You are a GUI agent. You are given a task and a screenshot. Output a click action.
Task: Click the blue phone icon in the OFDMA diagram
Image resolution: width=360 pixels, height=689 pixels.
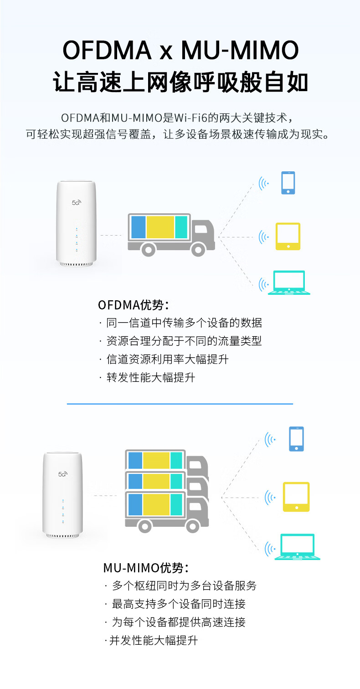pos(288,183)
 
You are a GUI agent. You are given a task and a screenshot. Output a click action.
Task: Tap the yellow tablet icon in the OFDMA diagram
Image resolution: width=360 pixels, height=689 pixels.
pos(288,237)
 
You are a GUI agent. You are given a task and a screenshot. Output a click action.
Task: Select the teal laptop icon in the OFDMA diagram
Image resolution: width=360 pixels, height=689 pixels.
pos(288,283)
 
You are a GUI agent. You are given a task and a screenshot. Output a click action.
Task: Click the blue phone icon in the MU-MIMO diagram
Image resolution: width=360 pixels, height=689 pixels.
pos(296,439)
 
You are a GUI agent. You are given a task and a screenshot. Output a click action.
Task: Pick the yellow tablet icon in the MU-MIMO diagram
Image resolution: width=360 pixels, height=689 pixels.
pos(296,497)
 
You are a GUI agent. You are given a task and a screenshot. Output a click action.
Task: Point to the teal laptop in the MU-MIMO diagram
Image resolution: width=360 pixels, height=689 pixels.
pos(297,547)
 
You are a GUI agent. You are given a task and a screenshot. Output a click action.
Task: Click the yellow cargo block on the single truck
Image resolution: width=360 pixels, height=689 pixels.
pos(160,227)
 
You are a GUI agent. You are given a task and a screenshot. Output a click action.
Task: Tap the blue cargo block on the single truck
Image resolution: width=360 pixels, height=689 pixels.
pos(139,227)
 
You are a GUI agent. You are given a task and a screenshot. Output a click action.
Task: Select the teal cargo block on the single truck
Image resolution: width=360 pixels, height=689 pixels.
pos(181,227)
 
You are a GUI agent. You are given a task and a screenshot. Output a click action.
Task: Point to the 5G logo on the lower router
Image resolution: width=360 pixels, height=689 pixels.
pos(62,474)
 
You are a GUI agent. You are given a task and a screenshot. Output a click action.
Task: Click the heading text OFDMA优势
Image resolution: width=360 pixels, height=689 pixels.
pos(134,305)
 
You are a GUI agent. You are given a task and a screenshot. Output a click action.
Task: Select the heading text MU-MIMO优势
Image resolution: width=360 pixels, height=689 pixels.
pos(146,568)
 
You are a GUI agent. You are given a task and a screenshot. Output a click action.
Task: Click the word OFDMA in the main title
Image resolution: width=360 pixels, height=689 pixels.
pos(107,51)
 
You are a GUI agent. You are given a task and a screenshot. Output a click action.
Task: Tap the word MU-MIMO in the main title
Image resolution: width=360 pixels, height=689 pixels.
pos(240,51)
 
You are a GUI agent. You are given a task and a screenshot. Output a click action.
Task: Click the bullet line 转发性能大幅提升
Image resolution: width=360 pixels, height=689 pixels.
pos(151,377)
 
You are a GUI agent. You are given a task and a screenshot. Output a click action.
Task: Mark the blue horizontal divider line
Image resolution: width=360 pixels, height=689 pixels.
pos(180,404)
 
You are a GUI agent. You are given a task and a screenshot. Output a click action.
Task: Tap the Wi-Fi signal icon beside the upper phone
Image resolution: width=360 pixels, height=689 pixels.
pos(263,184)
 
